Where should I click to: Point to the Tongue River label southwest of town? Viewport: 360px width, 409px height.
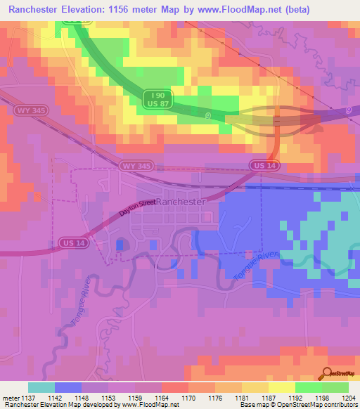79,308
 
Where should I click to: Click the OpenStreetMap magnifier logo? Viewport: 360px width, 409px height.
328,374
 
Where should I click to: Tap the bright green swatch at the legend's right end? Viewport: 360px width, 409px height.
335,387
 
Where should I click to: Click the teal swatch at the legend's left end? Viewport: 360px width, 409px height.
41,387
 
